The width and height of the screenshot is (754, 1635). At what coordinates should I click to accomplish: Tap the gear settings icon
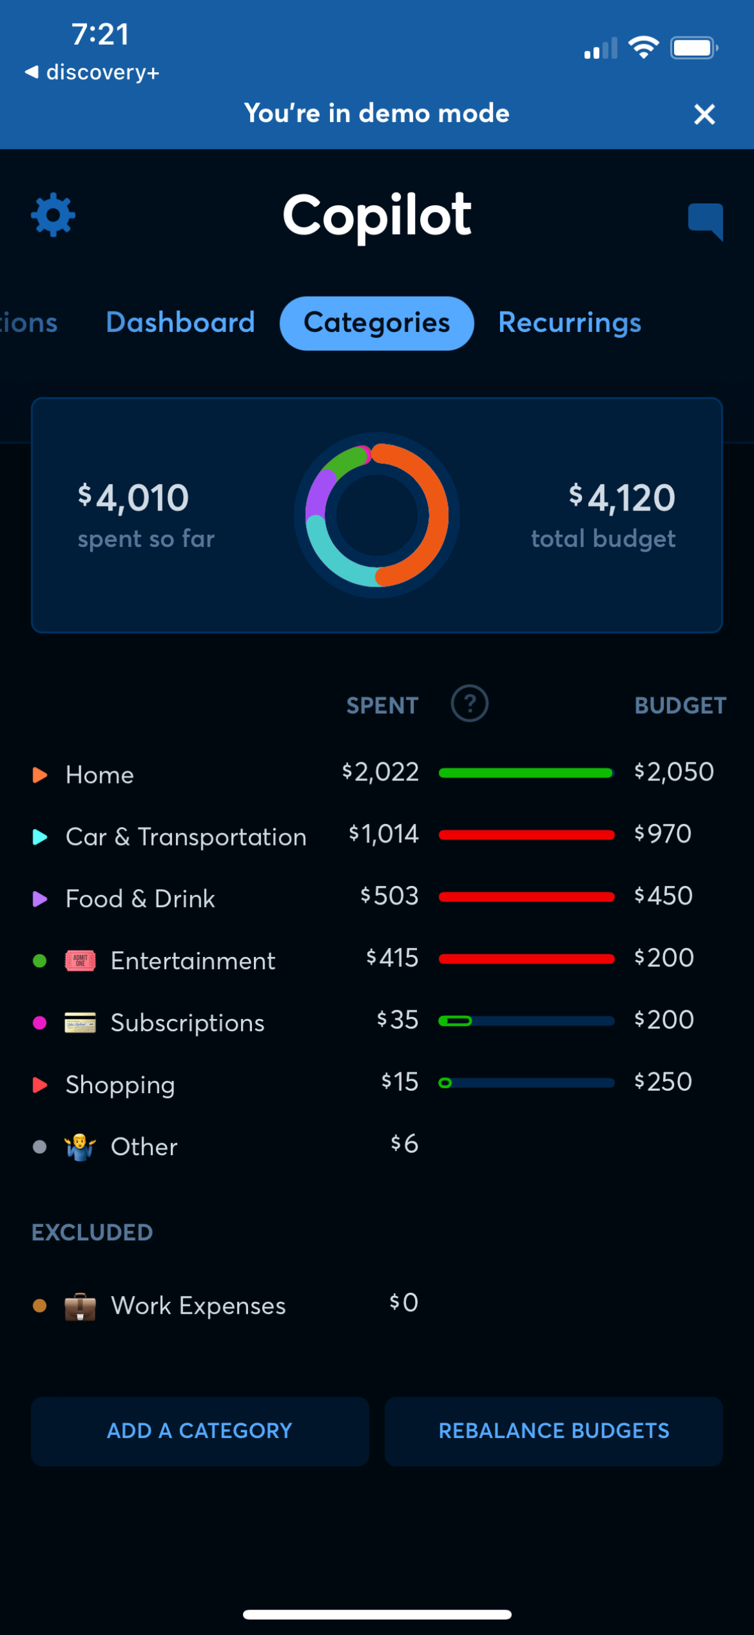tap(53, 215)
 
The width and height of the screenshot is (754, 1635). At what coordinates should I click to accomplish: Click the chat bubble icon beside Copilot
tap(705, 220)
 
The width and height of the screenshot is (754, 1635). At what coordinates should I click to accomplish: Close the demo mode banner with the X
tap(704, 115)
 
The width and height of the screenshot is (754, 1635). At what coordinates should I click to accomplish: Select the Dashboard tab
tap(180, 322)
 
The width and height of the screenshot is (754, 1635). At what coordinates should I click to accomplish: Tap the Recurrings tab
tap(569, 322)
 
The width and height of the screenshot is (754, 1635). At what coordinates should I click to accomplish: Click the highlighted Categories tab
tap(377, 323)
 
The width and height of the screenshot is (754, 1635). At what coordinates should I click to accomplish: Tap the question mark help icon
tap(469, 704)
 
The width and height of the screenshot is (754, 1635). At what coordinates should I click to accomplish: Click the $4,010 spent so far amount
tap(134, 498)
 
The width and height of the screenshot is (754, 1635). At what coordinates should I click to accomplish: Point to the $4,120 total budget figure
tap(622, 498)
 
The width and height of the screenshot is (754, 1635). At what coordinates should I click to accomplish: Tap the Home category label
tap(100, 775)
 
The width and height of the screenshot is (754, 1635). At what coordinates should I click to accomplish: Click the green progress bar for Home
tap(526, 773)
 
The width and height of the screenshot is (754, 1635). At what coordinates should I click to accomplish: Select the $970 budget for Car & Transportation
tap(663, 833)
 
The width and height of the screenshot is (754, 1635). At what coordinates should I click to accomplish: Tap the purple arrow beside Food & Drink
tap(40, 899)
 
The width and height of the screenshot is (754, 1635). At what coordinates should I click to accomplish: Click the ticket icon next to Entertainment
tap(81, 960)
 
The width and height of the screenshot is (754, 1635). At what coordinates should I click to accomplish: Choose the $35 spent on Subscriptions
tap(397, 1020)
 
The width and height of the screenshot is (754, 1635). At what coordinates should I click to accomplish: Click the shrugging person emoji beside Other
tap(81, 1146)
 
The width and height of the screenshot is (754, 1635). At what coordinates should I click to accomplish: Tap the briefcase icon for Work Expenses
tap(81, 1306)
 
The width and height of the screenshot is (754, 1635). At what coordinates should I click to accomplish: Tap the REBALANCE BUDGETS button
tap(553, 1431)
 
